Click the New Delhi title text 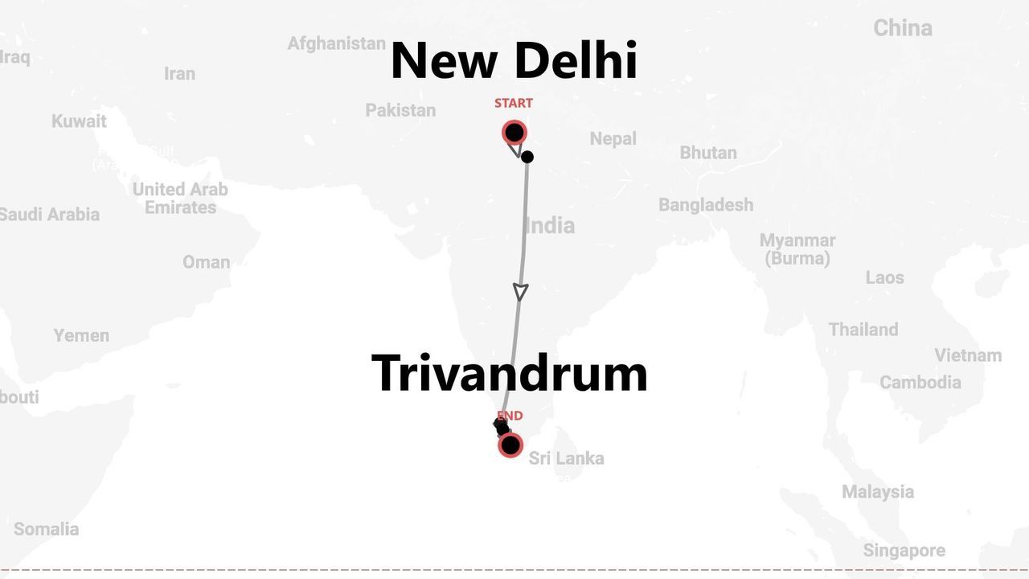pyautogui.click(x=514, y=61)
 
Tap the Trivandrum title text pyautogui.click(x=510, y=373)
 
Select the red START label pyautogui.click(x=513, y=103)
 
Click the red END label pyautogui.click(x=510, y=416)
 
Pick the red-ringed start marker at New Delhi pyautogui.click(x=514, y=133)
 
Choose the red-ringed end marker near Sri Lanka pyautogui.click(x=510, y=445)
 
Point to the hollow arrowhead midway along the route pyautogui.click(x=520, y=291)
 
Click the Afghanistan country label pyautogui.click(x=336, y=43)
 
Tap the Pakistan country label pyautogui.click(x=400, y=110)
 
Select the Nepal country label pyautogui.click(x=613, y=138)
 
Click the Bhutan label pyautogui.click(x=707, y=153)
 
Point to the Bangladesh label pyautogui.click(x=706, y=205)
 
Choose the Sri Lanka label pyautogui.click(x=566, y=458)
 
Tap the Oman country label pyautogui.click(x=206, y=262)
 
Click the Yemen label pyautogui.click(x=81, y=335)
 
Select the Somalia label pyautogui.click(x=47, y=529)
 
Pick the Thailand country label pyautogui.click(x=863, y=330)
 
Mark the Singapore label pyautogui.click(x=904, y=551)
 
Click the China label pyautogui.click(x=903, y=28)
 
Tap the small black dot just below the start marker pyautogui.click(x=527, y=157)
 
